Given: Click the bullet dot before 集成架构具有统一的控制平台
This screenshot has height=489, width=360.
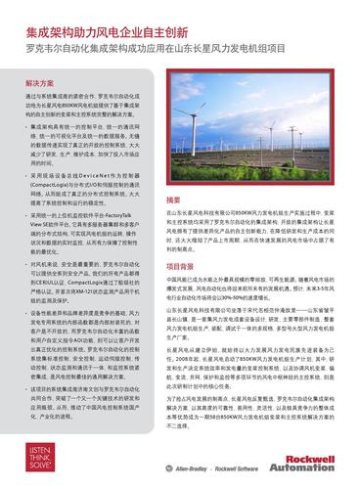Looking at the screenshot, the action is click(x=25, y=128).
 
